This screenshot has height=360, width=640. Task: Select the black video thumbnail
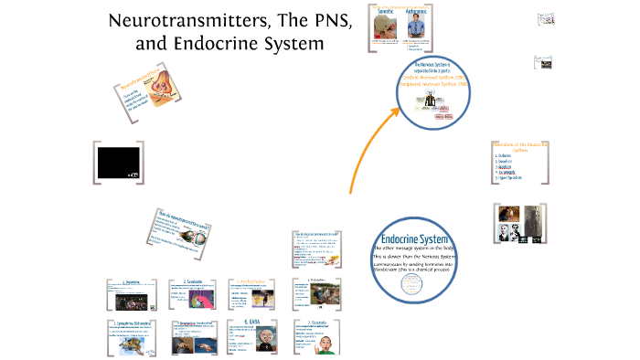(x=120, y=163)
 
